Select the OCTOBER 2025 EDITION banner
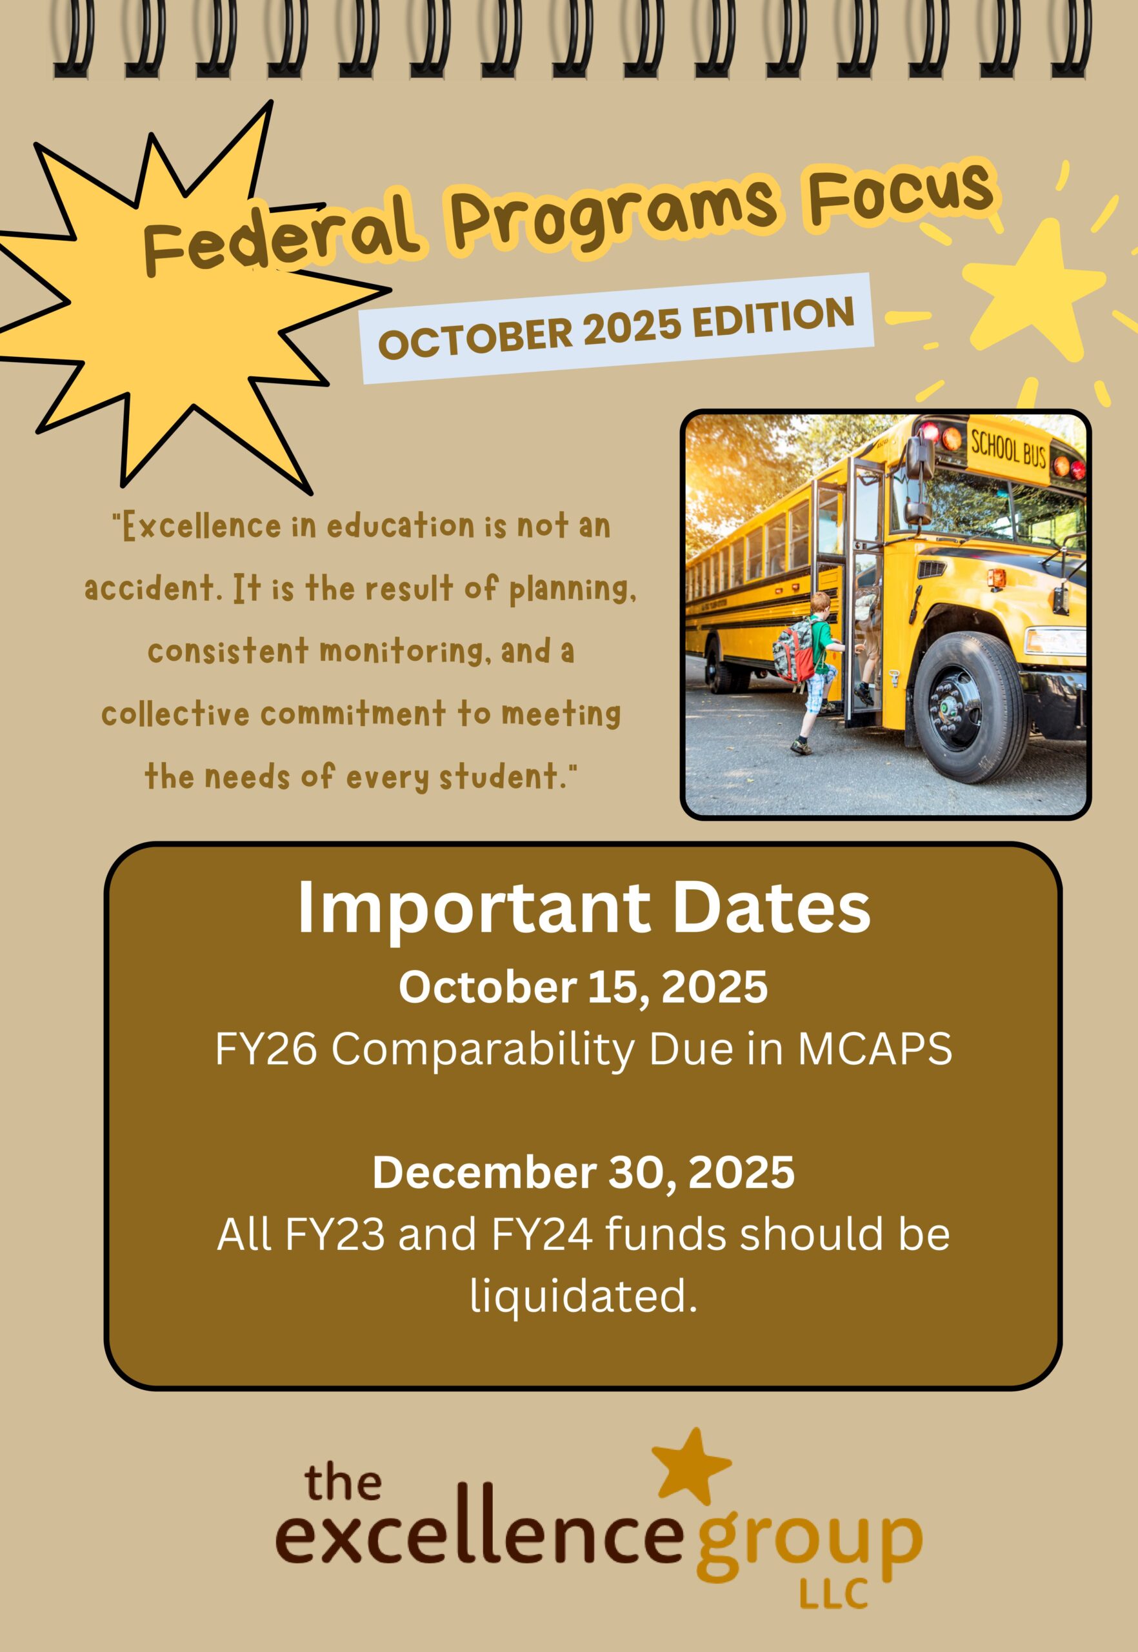pyautogui.click(x=617, y=328)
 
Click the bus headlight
pyautogui.click(x=1054, y=641)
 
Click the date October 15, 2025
pyautogui.click(x=583, y=989)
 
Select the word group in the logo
pyautogui.click(x=808, y=1537)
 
